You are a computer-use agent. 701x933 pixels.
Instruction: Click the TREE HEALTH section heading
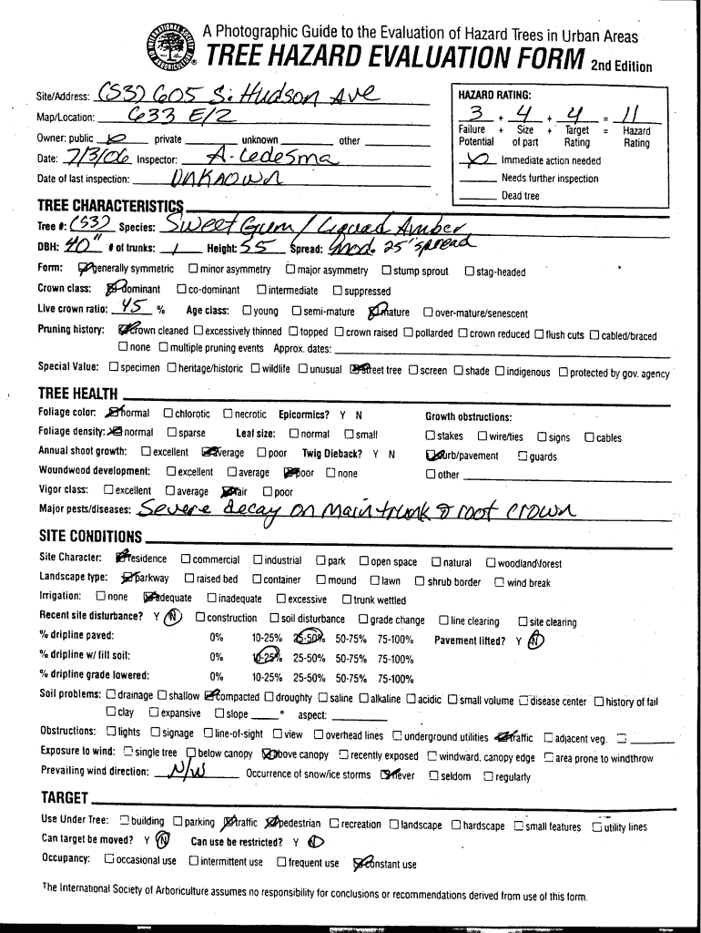click(77, 394)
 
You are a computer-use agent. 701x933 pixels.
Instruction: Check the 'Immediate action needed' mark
click(479, 159)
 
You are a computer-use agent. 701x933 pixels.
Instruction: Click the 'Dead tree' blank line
click(478, 196)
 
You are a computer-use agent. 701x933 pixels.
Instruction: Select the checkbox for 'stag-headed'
click(470, 272)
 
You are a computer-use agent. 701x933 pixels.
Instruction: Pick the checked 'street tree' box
click(358, 370)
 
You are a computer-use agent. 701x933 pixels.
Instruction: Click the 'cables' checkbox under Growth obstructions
click(589, 437)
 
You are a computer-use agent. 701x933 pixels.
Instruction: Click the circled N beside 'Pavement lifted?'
click(536, 639)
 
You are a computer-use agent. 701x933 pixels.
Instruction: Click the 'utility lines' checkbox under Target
click(596, 826)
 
